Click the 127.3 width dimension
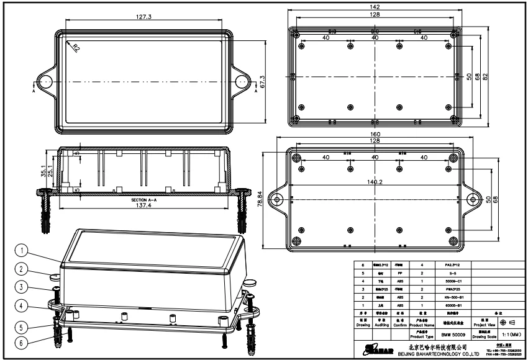point(143,17)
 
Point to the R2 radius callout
point(75,47)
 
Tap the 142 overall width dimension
point(375,7)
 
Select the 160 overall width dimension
point(375,134)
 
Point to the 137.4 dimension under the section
point(143,205)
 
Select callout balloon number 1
point(22,251)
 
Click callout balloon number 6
point(22,341)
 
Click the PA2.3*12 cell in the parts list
point(448,264)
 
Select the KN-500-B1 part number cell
point(448,297)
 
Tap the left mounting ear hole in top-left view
point(45,81)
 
